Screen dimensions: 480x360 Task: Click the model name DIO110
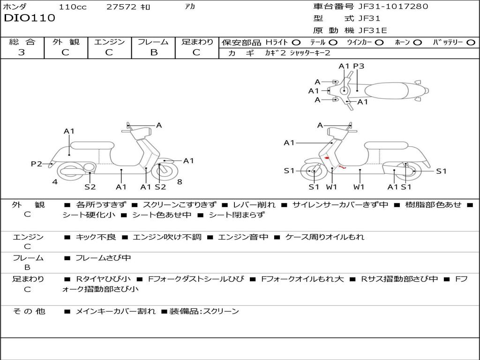[x=30, y=18]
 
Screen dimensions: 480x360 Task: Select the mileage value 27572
[x=121, y=7]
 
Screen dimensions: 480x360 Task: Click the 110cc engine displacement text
[x=72, y=7]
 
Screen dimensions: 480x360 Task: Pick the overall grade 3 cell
[x=22, y=52]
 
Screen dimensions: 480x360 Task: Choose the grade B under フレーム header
[x=153, y=52]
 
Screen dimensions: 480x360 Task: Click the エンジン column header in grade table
[x=110, y=42]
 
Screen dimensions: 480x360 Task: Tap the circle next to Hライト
[x=296, y=42]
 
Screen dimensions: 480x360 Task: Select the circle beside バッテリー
[x=471, y=42]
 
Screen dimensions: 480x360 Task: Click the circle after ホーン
[x=418, y=42]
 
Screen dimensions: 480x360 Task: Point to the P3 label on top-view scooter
[x=359, y=66]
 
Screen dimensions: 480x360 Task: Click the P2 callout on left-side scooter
[x=37, y=164]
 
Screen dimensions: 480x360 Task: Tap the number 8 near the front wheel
[x=180, y=182]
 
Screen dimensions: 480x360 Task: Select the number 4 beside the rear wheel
[x=55, y=182]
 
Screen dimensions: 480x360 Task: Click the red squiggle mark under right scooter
[x=343, y=166]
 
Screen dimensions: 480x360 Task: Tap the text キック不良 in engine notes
[x=96, y=237]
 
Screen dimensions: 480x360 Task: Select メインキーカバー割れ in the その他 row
[x=115, y=311]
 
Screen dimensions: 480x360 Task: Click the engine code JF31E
[x=373, y=30]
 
